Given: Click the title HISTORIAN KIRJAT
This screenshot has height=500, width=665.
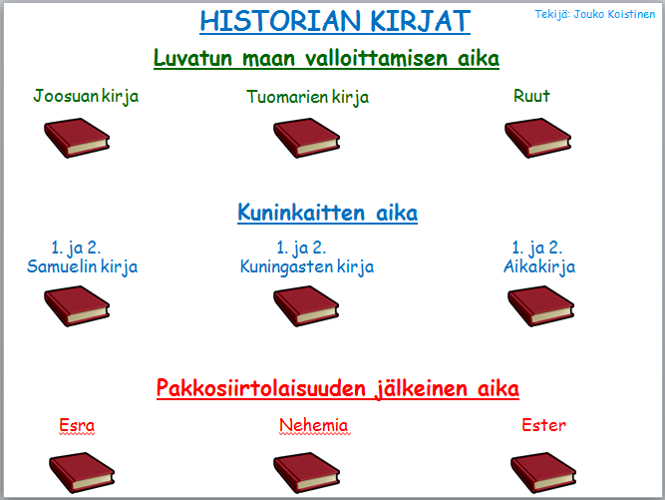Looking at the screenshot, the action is tap(335, 21).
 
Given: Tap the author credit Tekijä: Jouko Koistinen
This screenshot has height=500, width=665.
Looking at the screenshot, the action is tap(595, 14).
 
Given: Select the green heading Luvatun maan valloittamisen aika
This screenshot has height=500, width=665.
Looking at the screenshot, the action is tap(326, 58).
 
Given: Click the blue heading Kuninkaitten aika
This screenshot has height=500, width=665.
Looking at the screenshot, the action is tap(327, 213).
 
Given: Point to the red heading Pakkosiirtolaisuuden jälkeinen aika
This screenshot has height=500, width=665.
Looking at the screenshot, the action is tap(338, 388).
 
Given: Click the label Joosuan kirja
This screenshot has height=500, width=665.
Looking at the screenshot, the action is tap(86, 97).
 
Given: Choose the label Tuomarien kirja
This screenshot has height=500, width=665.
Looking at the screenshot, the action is tap(307, 97).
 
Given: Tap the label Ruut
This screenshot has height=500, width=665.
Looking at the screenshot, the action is tap(531, 96).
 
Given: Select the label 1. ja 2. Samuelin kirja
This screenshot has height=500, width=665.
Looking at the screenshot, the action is tap(83, 257).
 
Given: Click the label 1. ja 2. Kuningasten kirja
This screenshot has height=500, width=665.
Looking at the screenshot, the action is tap(307, 257).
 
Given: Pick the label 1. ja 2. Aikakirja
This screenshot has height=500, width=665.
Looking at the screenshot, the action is tap(539, 257).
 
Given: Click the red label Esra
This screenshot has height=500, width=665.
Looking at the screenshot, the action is tap(77, 425).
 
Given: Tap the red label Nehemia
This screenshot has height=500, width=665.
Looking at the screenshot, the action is tap(314, 425).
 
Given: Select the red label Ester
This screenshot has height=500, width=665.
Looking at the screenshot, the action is tap(543, 425).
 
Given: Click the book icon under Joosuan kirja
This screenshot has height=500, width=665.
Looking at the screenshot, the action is tap(77, 138).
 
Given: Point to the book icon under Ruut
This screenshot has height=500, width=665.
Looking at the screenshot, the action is tap(537, 138).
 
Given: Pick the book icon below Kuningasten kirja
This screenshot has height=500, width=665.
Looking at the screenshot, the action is tap(306, 306).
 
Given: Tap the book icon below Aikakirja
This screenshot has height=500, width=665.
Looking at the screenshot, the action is tap(540, 306).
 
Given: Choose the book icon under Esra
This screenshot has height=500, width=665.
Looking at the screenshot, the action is tap(82, 472).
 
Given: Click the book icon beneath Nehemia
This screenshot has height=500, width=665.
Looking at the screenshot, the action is tap(307, 472).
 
